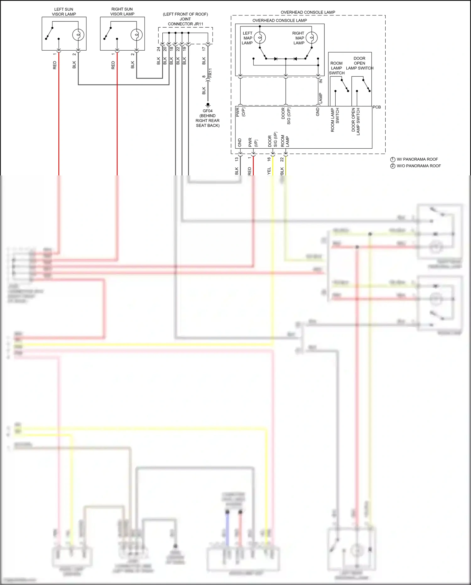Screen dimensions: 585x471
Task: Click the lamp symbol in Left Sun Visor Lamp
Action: [x=78, y=35]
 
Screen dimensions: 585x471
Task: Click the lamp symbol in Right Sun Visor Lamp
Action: [x=136, y=35]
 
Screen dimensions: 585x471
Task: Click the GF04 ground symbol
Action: [x=208, y=105]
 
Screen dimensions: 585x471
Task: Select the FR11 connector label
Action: [x=210, y=73]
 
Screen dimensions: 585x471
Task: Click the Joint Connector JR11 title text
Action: [x=185, y=19]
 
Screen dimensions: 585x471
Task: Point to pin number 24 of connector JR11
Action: [x=159, y=49]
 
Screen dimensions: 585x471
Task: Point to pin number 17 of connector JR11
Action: [x=204, y=49]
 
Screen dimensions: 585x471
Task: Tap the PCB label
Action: [x=376, y=107]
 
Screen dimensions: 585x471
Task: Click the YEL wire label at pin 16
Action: [x=269, y=171]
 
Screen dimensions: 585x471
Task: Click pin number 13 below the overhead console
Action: [x=236, y=159]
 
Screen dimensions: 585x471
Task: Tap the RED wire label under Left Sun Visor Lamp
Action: [x=55, y=65]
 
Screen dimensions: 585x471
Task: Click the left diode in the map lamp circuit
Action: [x=275, y=59]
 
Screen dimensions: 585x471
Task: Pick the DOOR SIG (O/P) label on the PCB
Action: [x=286, y=116]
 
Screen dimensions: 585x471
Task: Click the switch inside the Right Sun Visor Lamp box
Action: [x=108, y=33]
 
